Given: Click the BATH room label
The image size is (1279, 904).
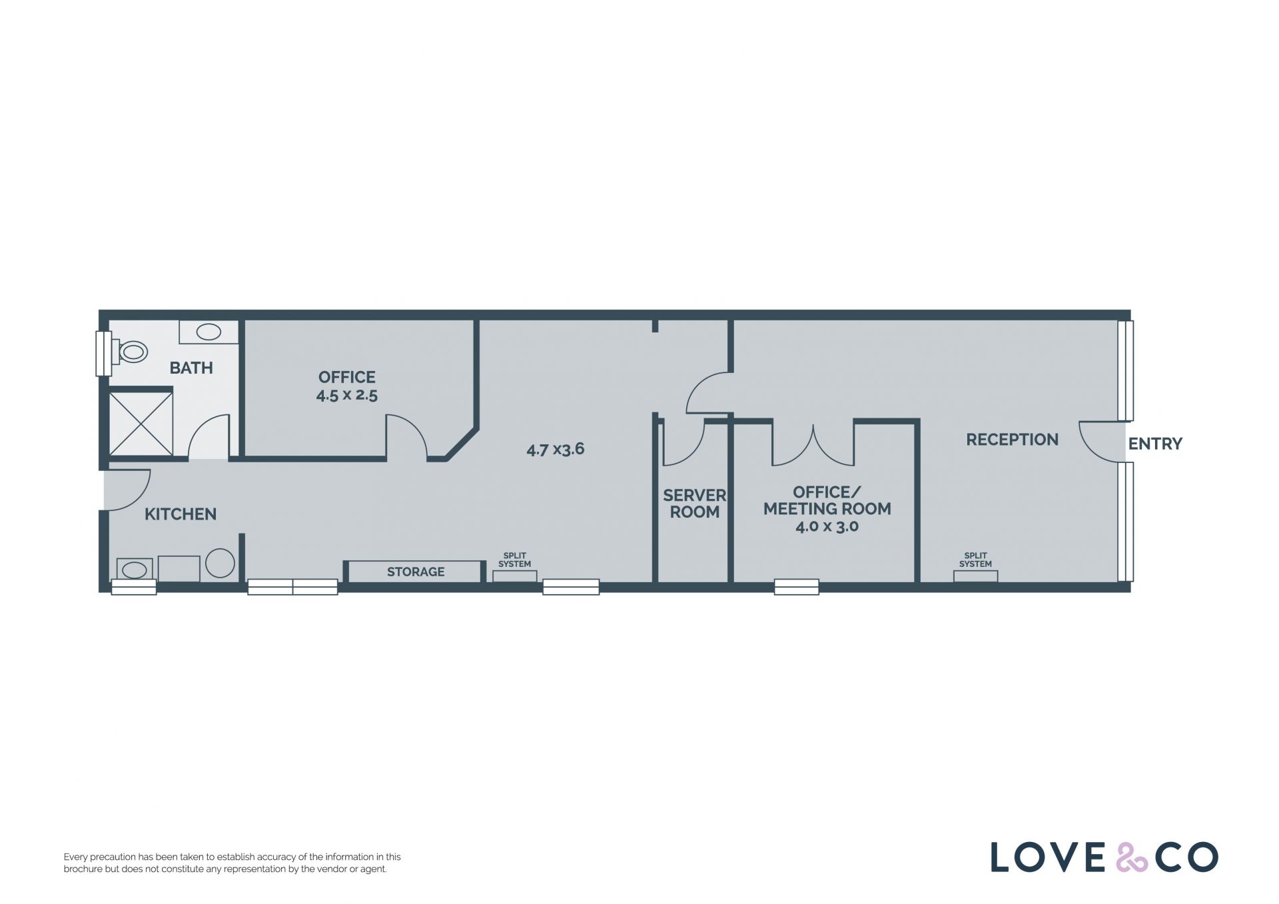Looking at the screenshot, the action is pos(191,368).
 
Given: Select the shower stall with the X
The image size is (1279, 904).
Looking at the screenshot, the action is pos(141,424).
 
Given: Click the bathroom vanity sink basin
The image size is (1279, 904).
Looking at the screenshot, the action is pos(209,332).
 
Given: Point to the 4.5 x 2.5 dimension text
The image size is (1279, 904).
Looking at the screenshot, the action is pos(346,395).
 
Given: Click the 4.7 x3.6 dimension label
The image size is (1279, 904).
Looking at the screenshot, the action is pos(556,449).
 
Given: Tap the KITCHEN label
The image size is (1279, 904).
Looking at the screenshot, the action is pos(181,514).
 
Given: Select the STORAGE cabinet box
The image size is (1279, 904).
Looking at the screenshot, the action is pos(416,572).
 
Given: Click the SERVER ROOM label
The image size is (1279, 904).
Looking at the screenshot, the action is pos(694,504).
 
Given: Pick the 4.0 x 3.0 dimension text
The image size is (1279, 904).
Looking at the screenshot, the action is pos(827,526).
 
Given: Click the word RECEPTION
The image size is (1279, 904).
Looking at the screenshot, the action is pos(1012,440).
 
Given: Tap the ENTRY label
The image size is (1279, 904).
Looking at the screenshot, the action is pos(1155,444).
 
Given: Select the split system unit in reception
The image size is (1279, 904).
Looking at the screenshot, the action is pos(975,576).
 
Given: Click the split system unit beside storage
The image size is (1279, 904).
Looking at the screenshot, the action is pos(515,576).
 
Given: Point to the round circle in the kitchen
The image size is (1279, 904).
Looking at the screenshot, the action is pos(220,563).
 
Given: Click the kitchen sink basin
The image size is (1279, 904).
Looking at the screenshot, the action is pos(135,570).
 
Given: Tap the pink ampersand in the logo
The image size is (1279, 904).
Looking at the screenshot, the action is pos(1132,857).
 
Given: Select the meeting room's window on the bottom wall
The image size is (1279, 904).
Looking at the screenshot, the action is pos(797,587).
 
